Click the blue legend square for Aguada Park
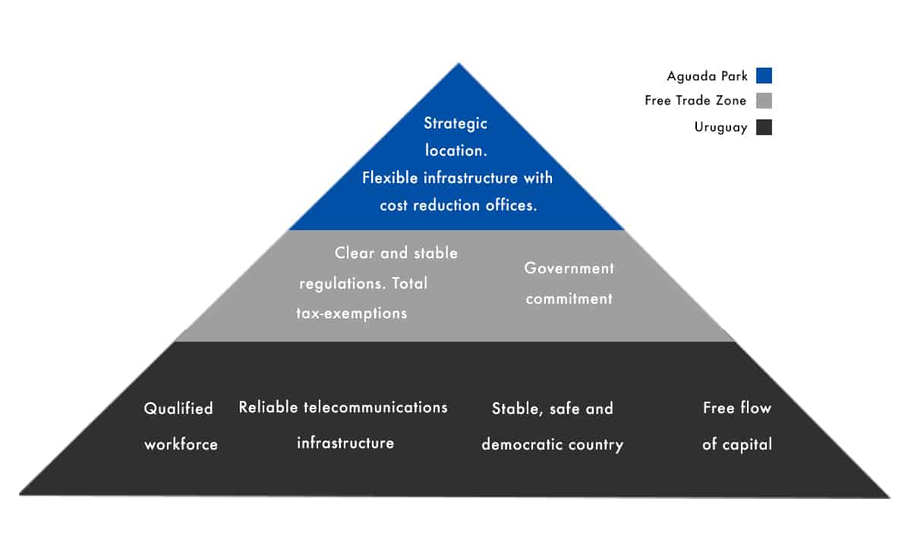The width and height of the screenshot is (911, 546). (x=764, y=76)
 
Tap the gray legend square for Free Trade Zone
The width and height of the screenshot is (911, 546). (x=764, y=100)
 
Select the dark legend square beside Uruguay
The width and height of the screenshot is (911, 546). (x=764, y=127)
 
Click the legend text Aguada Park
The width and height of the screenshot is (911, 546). (x=707, y=77)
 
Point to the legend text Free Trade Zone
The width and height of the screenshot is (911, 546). (x=695, y=100)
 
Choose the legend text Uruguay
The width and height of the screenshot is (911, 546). (x=720, y=128)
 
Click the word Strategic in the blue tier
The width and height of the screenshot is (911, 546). (x=455, y=124)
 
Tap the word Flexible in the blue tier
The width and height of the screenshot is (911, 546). (x=389, y=178)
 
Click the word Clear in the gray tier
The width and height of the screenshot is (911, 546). (x=355, y=253)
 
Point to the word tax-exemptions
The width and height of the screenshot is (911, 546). (x=351, y=314)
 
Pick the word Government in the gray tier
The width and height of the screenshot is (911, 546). (x=569, y=268)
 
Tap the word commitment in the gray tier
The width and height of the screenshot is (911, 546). (x=569, y=299)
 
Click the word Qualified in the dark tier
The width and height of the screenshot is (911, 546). (x=178, y=409)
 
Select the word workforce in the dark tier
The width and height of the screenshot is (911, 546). (x=181, y=444)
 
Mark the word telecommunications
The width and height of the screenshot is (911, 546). (x=375, y=407)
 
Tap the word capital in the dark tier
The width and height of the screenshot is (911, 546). (x=747, y=444)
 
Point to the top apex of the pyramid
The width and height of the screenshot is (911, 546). (x=459, y=63)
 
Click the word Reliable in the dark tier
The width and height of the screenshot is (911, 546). (x=268, y=407)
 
